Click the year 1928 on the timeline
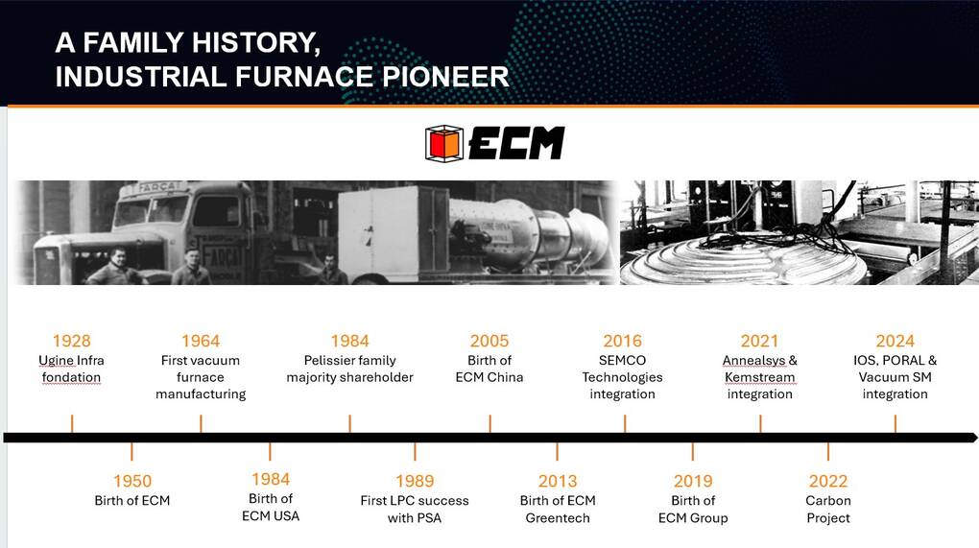72,341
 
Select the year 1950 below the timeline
132,481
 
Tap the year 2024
895,341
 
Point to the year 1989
415,481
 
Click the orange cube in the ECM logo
444,144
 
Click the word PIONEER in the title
445,77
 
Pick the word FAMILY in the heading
133,42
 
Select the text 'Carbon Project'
828,510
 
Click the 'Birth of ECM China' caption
489,369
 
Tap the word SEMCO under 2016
623,360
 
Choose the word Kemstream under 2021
760,377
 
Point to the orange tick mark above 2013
557,452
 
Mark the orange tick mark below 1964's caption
201,424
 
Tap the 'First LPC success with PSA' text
415,510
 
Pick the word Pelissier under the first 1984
328,360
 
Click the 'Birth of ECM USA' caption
271,507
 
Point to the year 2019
693,481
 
